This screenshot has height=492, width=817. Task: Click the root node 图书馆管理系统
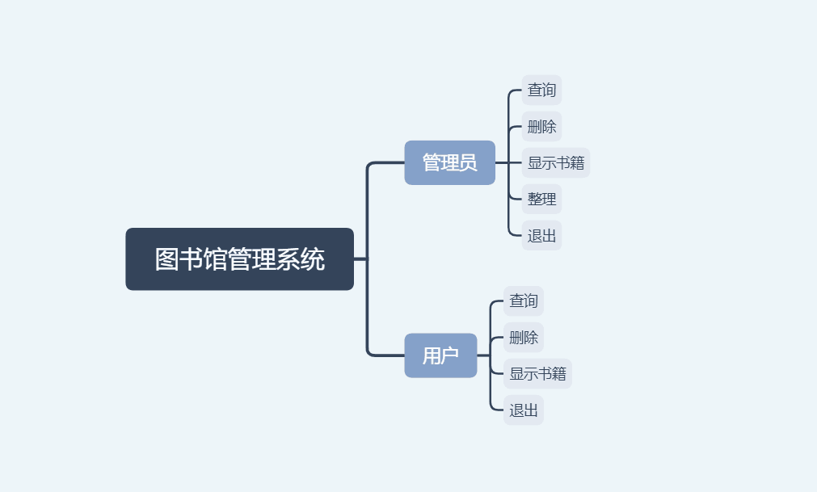click(239, 259)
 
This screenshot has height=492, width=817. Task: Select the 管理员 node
click(449, 162)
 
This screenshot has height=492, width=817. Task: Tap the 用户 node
click(440, 355)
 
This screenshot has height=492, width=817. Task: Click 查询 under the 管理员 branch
click(541, 90)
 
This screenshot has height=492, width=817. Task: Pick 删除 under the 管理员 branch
click(541, 126)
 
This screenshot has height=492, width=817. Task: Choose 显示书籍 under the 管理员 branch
click(556, 162)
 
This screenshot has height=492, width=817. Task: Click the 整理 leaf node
click(541, 199)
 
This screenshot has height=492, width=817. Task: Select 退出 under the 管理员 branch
click(541, 235)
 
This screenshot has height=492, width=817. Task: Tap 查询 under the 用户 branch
click(524, 301)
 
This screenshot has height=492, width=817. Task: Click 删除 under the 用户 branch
click(524, 337)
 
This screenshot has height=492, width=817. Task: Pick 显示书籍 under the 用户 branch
click(537, 373)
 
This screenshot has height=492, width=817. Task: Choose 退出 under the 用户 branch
click(524, 410)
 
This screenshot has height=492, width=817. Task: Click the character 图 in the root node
click(166, 259)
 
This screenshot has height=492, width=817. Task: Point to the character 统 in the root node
click(313, 259)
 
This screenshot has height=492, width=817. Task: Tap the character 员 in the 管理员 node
click(468, 162)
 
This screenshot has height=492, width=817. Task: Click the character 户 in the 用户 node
click(450, 355)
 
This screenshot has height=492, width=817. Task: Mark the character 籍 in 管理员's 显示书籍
click(577, 162)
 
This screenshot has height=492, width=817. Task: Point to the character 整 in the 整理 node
click(535, 199)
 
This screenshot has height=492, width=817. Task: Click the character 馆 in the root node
click(215, 259)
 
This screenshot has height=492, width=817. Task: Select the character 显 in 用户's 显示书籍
click(516, 373)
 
